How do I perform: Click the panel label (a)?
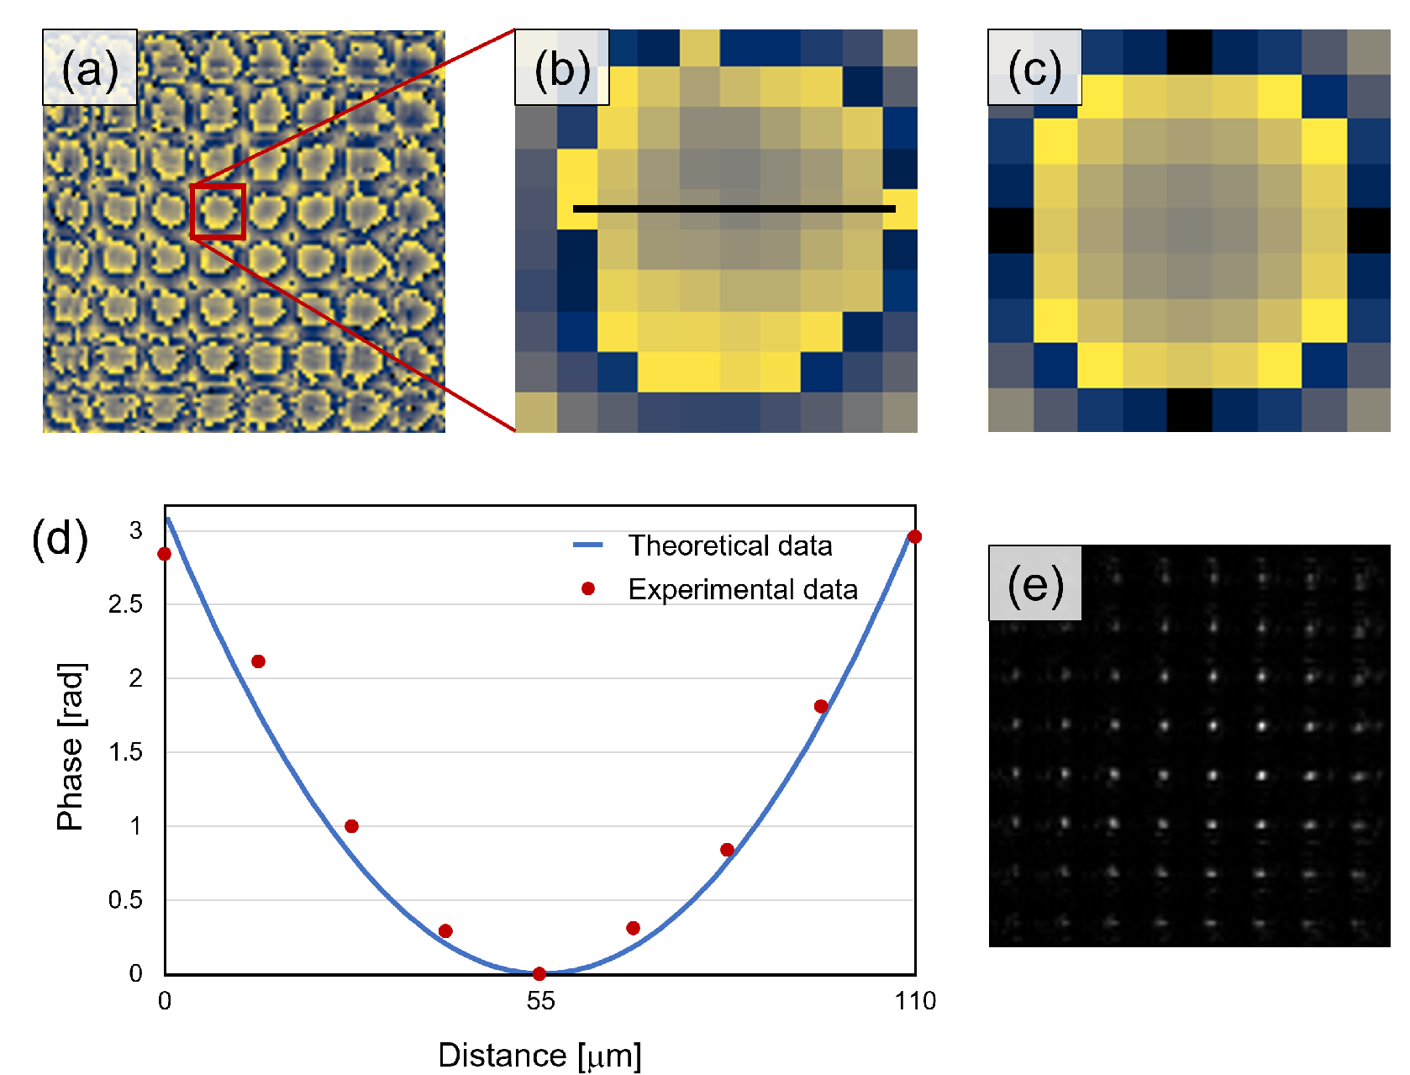tap(89, 68)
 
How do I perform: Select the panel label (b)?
tap(561, 68)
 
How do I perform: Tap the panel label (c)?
tap(1034, 68)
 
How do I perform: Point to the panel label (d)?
tap(60, 538)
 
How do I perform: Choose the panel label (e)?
tap(1034, 583)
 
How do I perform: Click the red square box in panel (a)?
tap(218, 212)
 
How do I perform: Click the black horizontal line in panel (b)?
tap(734, 208)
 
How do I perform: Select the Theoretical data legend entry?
tap(729, 545)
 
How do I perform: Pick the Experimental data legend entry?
tap(742, 589)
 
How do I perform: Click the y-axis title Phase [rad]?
tap(71, 747)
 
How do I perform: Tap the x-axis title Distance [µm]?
tap(539, 1055)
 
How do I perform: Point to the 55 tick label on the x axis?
tap(540, 1000)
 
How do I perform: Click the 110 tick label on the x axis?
tap(915, 1000)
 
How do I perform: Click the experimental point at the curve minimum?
tap(539, 973)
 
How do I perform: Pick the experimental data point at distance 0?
tap(165, 554)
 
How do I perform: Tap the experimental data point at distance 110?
tap(915, 536)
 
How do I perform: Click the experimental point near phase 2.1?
tap(259, 661)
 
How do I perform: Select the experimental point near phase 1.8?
tap(821, 706)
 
